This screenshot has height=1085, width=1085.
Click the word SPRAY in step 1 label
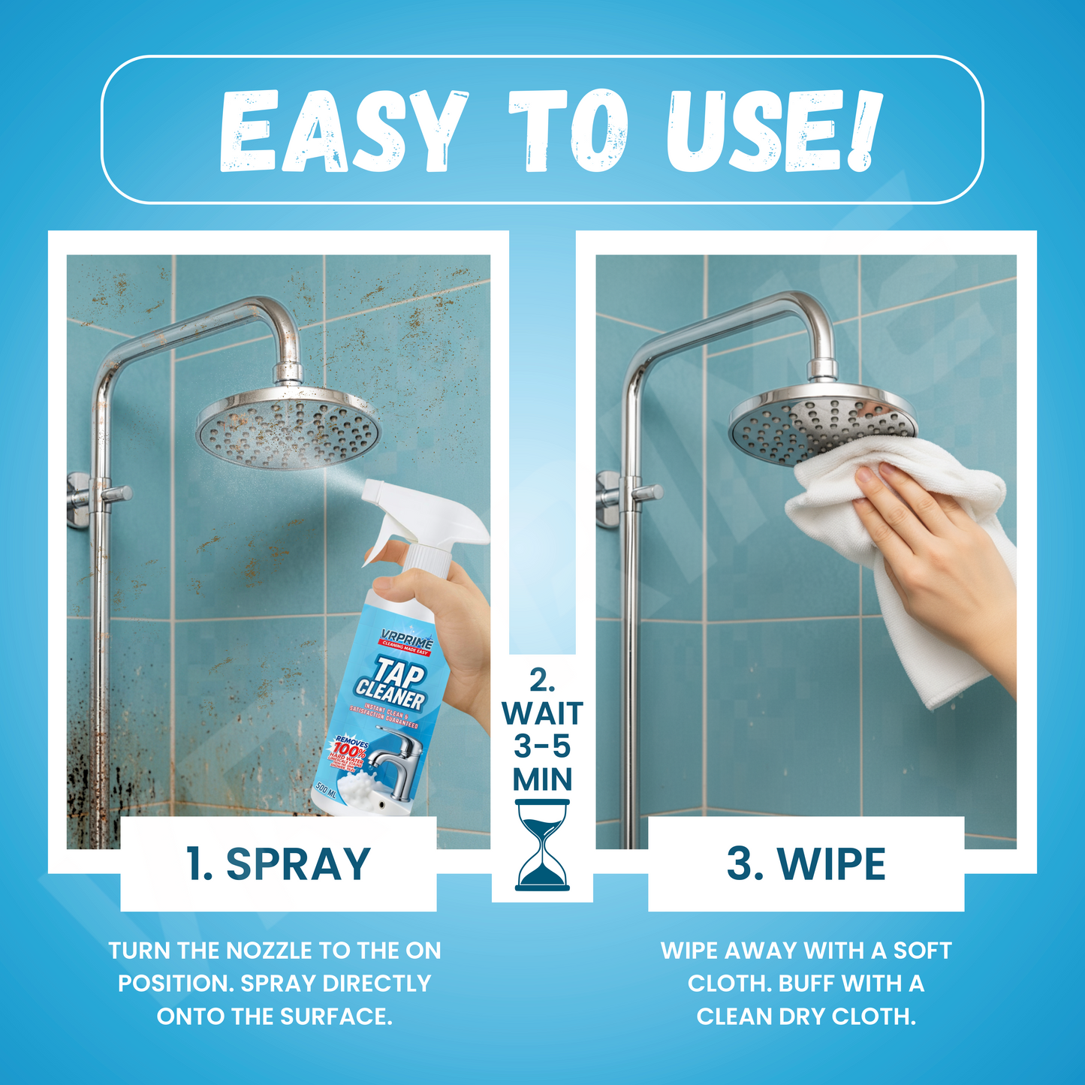(298, 864)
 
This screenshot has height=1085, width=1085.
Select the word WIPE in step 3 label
(832, 864)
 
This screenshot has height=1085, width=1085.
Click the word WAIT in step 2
(542, 713)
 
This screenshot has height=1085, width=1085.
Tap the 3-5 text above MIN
(542, 746)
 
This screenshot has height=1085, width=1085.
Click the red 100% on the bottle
(349, 750)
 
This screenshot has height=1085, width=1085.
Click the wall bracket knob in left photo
(116, 493)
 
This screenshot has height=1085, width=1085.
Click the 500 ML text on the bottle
(326, 790)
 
